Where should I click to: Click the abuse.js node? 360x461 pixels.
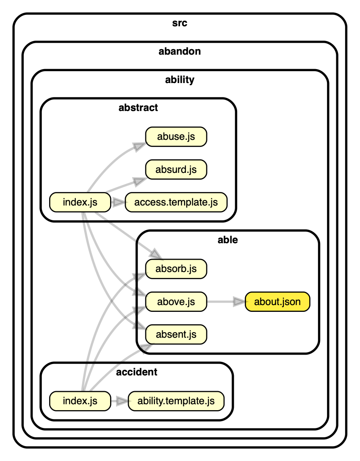coord(176,137)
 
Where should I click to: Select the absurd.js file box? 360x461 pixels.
coord(176,169)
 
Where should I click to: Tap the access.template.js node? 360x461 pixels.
coord(176,202)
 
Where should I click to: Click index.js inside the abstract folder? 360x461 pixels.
coord(80,202)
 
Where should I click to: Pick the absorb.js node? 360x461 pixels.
coord(176,269)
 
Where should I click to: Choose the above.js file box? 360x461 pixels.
coord(176,302)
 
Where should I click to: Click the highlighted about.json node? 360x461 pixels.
coord(277,302)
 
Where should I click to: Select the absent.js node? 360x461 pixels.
coord(176,335)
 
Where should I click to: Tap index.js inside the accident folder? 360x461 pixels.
coord(80,401)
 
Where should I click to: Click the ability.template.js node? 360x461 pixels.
coord(176,401)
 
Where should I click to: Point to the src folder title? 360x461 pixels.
coord(180,23)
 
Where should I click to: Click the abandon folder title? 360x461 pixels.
coord(180,52)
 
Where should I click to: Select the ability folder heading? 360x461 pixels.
coord(180,80)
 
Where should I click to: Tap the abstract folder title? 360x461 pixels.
coord(138,108)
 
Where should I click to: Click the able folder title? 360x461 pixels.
coord(227,240)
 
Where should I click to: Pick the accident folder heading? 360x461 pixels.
coord(136,372)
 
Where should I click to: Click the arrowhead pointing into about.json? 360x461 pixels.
coord(240,302)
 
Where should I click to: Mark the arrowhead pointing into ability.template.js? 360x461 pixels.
coord(122,401)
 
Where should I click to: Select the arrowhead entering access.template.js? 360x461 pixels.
coord(120,202)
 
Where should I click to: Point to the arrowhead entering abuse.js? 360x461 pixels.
coord(139,146)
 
